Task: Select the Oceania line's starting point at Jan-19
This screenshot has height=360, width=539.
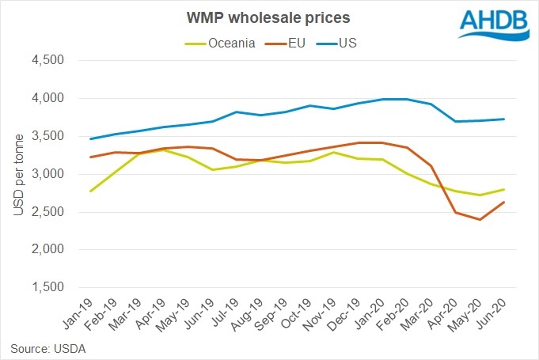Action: [91, 191]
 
